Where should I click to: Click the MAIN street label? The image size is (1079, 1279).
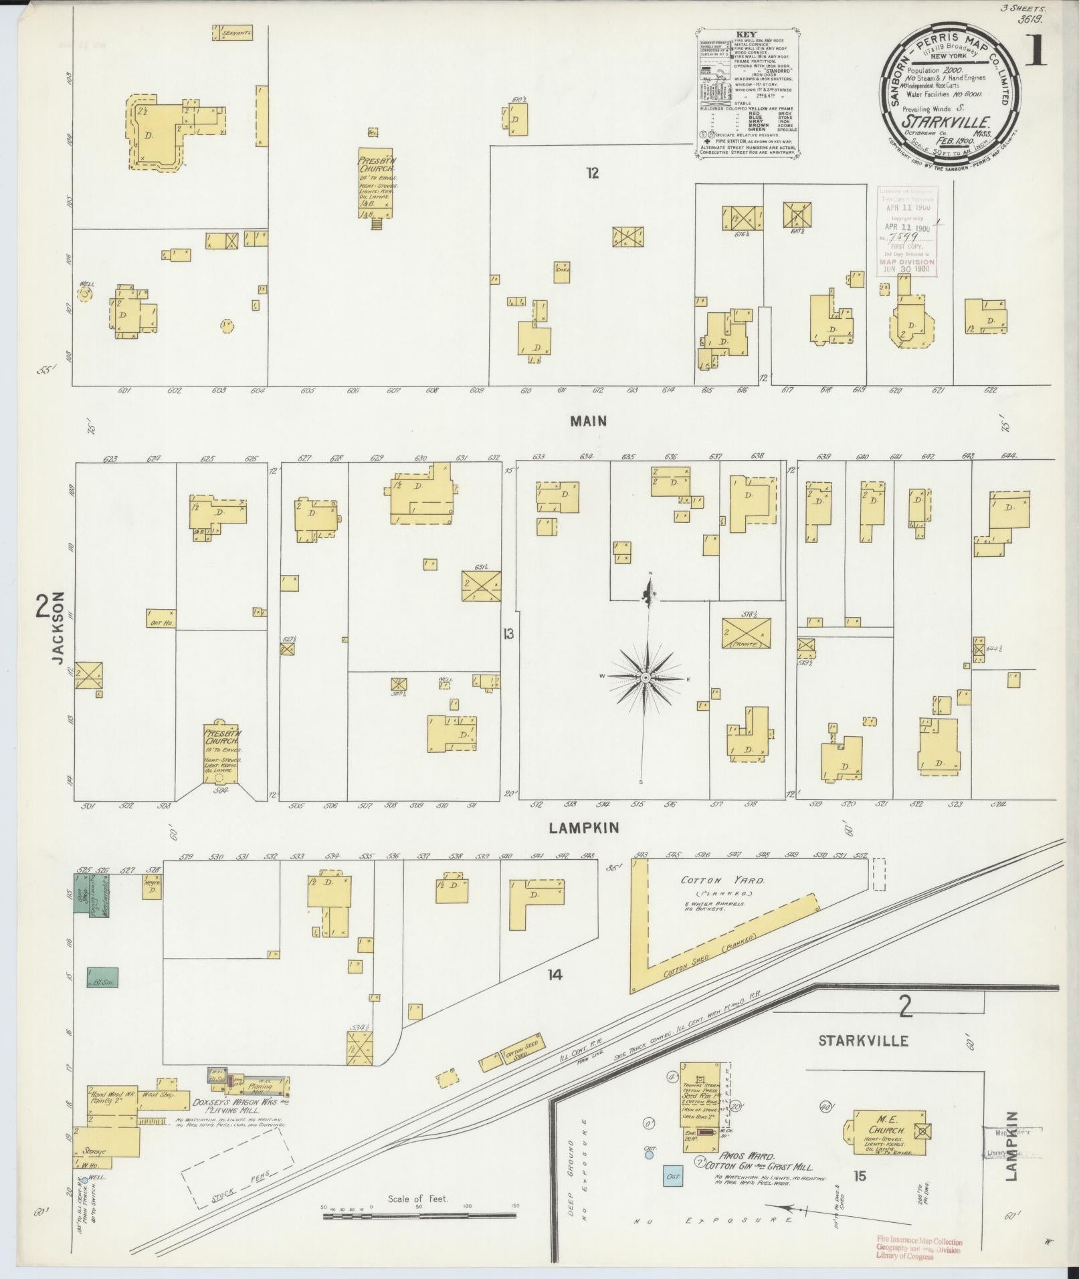(589, 421)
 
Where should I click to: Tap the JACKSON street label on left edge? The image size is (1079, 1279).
(59, 628)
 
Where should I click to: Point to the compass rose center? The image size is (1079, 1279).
(646, 678)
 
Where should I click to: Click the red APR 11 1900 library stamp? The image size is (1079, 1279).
(906, 231)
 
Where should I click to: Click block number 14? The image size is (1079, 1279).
(554, 975)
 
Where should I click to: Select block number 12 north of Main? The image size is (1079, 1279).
(592, 174)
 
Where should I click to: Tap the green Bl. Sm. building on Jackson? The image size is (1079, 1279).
(102, 977)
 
